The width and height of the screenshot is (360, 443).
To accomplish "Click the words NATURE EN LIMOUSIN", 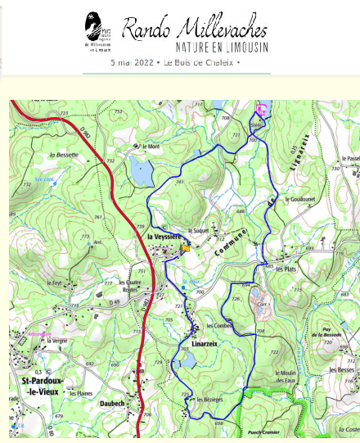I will tap(216, 48).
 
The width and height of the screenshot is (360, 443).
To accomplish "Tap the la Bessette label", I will tap(63, 154).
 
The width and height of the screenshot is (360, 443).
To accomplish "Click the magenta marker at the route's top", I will tap(261, 111).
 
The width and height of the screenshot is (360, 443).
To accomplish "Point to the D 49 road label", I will tap(92, 302).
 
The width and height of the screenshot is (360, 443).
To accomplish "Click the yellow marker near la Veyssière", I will tap(187, 245).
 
